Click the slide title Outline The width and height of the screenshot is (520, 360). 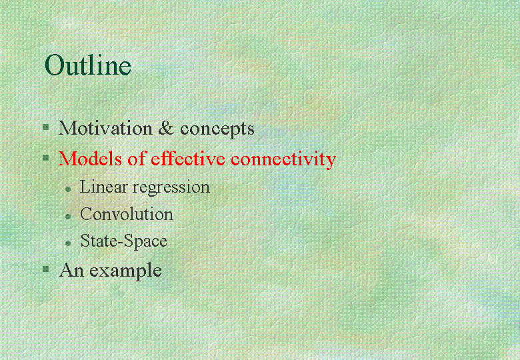[x=88, y=64]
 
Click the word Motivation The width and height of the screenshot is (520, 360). [x=105, y=128]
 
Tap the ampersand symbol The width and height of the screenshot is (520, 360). [x=166, y=128]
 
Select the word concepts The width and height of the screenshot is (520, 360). [x=217, y=129]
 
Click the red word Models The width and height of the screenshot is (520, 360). [x=90, y=158]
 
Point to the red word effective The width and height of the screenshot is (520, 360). [x=188, y=158]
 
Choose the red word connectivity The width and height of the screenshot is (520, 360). [x=283, y=159]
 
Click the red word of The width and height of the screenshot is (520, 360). [x=137, y=158]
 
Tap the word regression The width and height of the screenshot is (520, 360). [x=171, y=188]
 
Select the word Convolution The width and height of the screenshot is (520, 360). [x=127, y=214]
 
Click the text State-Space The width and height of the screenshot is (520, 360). [x=124, y=241]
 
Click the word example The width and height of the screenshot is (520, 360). [x=125, y=271]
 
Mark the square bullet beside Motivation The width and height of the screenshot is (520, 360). [x=46, y=127]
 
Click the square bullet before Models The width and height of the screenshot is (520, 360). [x=46, y=157]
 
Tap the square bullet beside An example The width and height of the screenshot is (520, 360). [x=46, y=269]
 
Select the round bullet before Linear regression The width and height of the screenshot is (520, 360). [x=68, y=189]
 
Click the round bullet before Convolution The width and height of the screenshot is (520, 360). [x=68, y=217]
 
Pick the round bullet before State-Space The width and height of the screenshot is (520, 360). [x=68, y=243]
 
